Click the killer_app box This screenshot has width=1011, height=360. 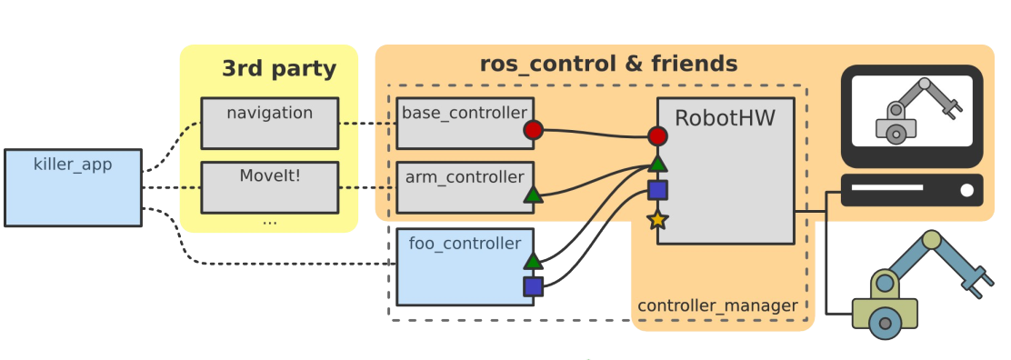(x=73, y=188)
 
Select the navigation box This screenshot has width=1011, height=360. (x=269, y=124)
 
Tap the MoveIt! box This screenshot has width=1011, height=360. (x=269, y=187)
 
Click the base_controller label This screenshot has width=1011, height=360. (x=465, y=113)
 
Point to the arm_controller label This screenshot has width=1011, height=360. (x=465, y=176)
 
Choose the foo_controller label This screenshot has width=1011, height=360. (x=465, y=244)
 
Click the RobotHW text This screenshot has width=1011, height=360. (x=725, y=118)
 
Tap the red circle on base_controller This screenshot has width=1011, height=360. (x=533, y=130)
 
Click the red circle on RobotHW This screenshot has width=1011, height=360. (x=657, y=136)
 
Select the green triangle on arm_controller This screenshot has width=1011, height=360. (x=533, y=195)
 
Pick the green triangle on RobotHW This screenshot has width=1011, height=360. (x=657, y=164)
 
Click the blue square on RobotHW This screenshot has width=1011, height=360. (x=657, y=190)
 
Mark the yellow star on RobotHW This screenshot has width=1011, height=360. (x=657, y=220)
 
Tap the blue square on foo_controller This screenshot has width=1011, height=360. (x=533, y=286)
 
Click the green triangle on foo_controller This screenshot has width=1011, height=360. (x=533, y=261)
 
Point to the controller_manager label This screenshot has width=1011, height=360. (x=717, y=305)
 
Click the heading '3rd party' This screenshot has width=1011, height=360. (x=279, y=68)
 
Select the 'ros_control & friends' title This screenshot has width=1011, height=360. (x=608, y=64)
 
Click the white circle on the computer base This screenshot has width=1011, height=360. (x=966, y=190)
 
